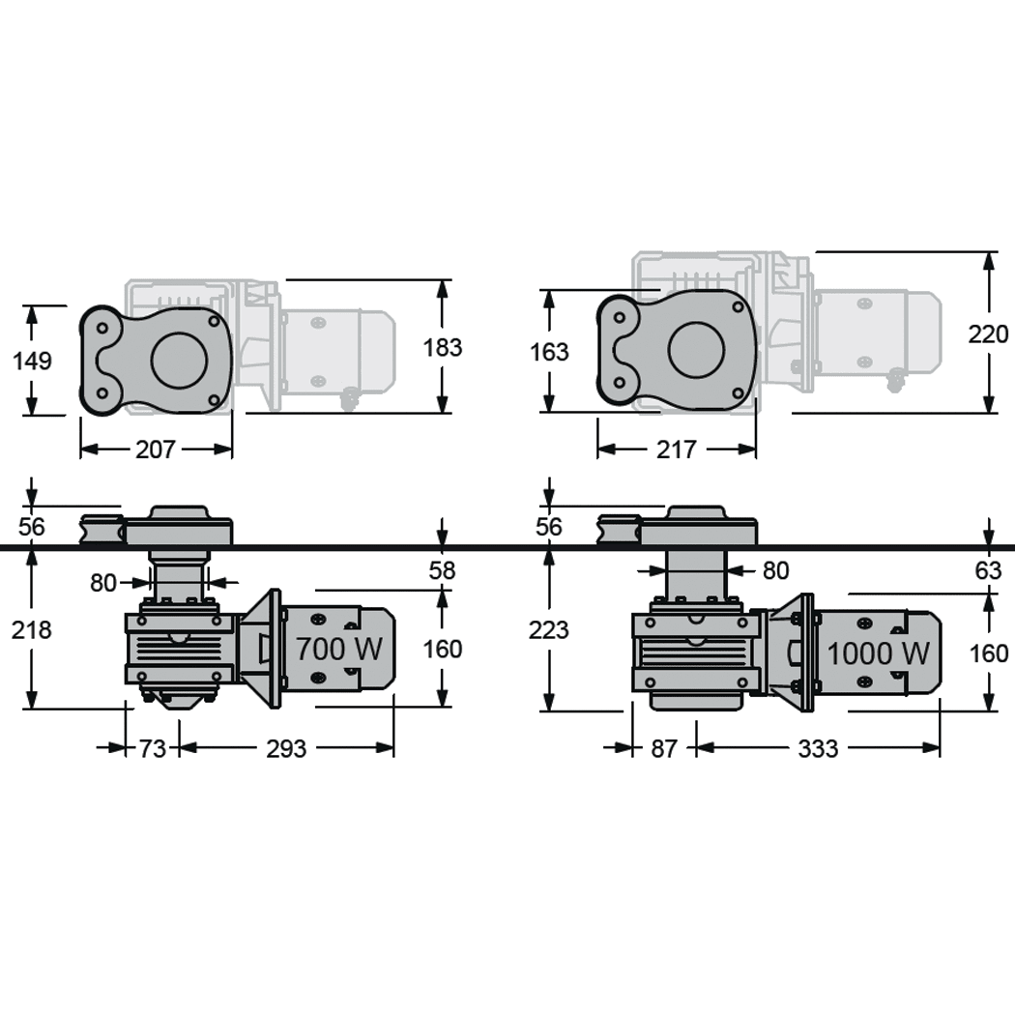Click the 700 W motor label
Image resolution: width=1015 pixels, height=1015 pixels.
point(338,649)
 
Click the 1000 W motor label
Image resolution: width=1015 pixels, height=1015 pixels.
point(878,653)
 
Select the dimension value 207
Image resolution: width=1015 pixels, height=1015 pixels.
point(156,449)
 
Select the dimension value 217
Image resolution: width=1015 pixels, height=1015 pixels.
point(676,450)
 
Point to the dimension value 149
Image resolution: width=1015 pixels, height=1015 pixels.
point(32,361)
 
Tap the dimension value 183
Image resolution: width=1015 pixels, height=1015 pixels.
point(443,347)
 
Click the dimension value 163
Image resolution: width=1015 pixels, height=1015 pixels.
point(549,352)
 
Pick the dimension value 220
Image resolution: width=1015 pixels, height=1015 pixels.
point(988,334)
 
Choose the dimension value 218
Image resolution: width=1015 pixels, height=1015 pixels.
point(32,630)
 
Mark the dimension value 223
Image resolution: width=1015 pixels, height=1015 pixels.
point(549,630)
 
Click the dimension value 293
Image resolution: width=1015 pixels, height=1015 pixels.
point(286,748)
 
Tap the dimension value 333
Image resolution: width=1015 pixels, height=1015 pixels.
point(818,748)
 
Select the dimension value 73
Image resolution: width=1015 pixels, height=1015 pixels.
point(153,748)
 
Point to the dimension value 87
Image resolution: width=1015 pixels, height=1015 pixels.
point(664,748)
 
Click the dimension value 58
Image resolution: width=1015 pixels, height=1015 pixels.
point(443,570)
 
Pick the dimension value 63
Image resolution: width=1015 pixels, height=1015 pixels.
point(988,571)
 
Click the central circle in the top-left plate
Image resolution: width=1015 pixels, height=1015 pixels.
point(180,361)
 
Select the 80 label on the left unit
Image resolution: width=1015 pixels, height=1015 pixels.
point(103,583)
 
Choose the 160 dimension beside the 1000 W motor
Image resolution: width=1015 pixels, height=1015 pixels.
point(988,653)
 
